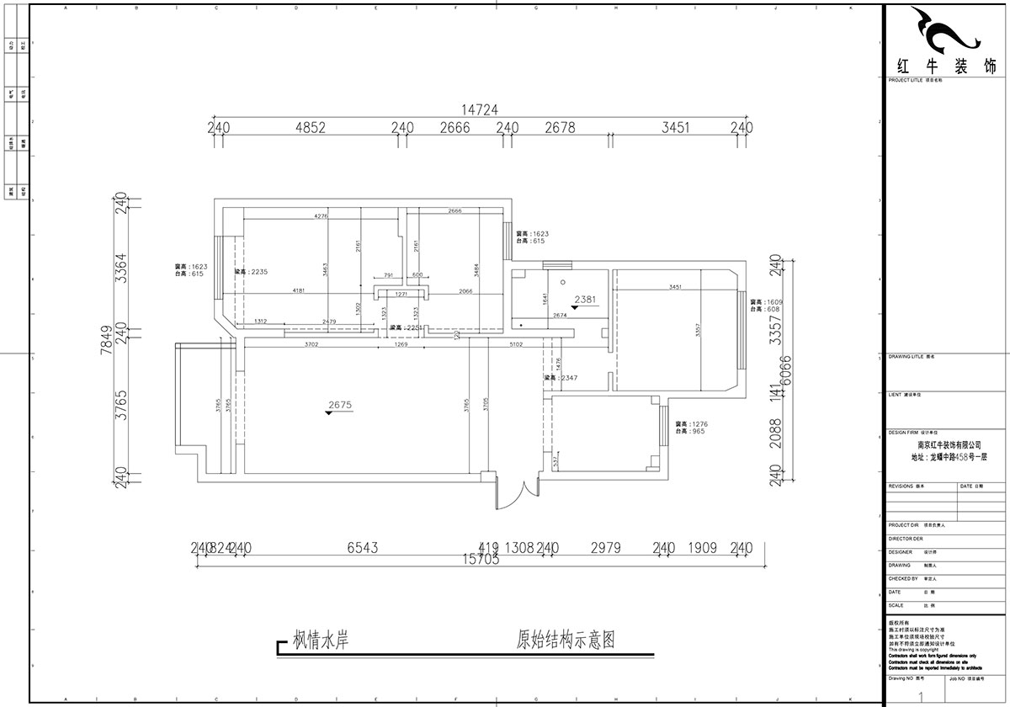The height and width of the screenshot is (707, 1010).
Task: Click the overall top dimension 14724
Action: click(480, 109)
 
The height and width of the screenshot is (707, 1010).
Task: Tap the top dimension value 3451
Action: click(676, 128)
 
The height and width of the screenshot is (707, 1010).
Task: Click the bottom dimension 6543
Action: click(363, 548)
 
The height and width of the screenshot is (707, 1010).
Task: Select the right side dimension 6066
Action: click(788, 370)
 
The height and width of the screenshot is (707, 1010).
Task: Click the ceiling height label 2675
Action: click(339, 405)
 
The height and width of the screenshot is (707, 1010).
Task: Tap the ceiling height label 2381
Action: click(586, 299)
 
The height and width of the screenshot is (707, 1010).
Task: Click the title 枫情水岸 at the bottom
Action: click(320, 641)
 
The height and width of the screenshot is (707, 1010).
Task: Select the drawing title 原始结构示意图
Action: click(566, 641)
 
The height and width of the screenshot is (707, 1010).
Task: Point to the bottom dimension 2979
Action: click(605, 548)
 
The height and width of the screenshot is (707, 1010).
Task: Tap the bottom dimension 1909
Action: click(702, 548)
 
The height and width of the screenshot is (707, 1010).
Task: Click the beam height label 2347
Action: click(563, 379)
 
